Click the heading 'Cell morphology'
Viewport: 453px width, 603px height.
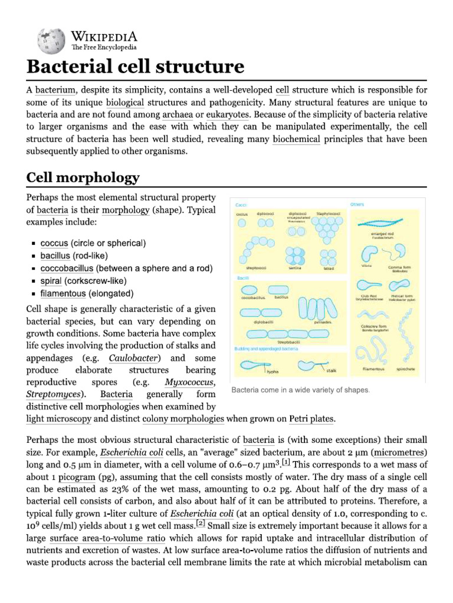pos(83,177)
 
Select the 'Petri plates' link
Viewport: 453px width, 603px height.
pos(311,419)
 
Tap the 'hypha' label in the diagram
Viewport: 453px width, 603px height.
pos(273,372)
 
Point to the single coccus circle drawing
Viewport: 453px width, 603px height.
pos(242,223)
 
